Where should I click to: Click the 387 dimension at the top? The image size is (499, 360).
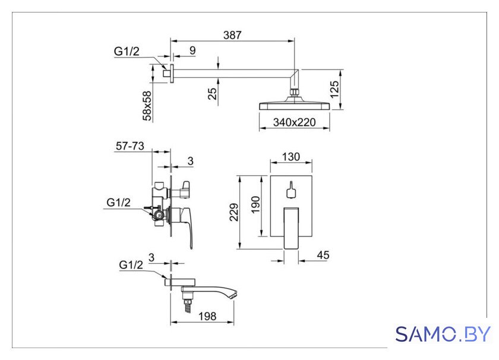click(x=232, y=35)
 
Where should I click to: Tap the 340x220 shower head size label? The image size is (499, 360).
click(x=295, y=122)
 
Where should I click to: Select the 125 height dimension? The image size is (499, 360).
click(x=334, y=90)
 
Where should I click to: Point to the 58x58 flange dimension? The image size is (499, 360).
click(x=147, y=106)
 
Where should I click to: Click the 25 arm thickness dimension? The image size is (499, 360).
click(x=212, y=94)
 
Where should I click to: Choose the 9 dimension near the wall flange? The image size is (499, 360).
click(x=192, y=50)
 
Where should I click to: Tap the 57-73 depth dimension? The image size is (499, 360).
click(x=130, y=146)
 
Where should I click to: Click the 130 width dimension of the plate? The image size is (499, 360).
click(x=291, y=157)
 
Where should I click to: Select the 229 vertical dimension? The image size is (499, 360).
click(x=234, y=212)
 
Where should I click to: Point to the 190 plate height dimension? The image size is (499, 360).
click(x=255, y=205)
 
